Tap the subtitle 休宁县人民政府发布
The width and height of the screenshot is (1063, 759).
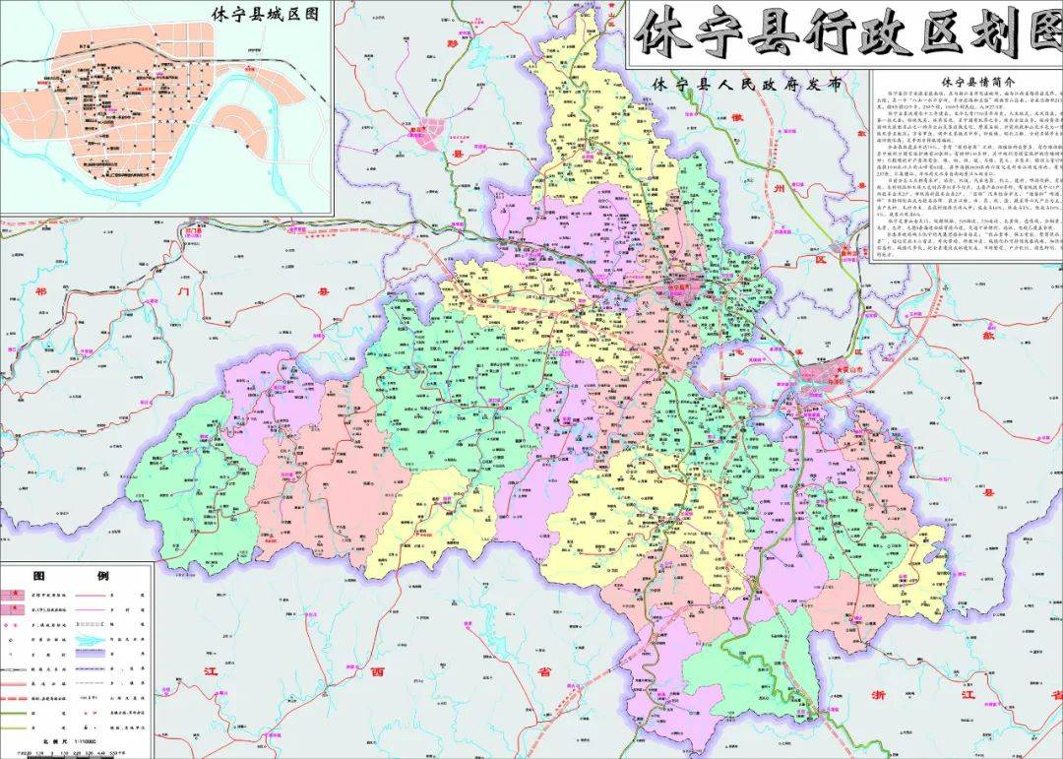pyautogui.click(x=747, y=85)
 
